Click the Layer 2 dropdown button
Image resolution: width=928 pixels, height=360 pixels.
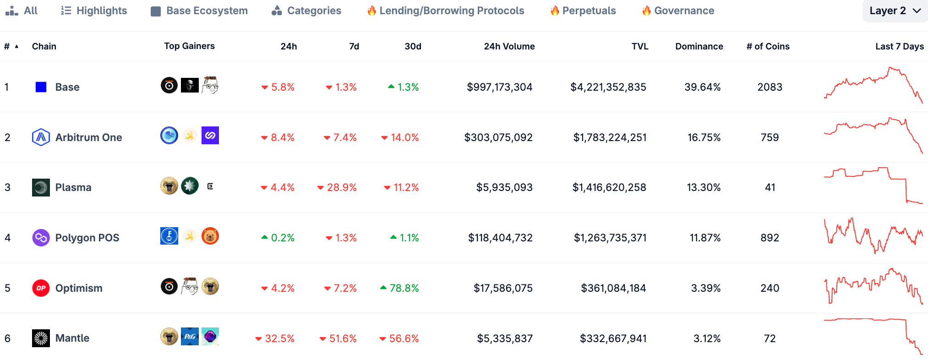[895, 11]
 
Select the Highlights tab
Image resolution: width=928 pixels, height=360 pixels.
[94, 11]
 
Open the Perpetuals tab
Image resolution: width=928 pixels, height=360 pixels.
[583, 11]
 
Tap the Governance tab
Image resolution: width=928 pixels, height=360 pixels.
[678, 11]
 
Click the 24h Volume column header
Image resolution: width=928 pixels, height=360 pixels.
[509, 46]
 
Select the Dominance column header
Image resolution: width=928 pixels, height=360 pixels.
[699, 46]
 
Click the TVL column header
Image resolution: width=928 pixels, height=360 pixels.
[639, 46]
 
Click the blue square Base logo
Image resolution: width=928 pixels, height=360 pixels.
[41, 87]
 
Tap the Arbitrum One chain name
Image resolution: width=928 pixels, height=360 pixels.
[88, 137]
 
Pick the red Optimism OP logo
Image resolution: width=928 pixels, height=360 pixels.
[41, 288]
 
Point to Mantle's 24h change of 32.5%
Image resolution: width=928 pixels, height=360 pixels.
[275, 338]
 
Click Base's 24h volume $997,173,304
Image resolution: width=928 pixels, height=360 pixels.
[499, 87]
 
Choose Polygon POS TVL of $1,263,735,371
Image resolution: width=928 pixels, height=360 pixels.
[610, 238]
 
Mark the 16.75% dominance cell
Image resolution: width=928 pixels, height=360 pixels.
[704, 137]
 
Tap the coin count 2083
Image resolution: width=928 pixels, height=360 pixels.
[770, 87]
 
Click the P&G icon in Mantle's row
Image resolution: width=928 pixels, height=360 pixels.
[190, 337]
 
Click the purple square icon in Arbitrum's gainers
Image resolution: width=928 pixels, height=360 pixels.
[210, 136]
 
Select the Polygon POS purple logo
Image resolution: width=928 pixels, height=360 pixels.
[41, 238]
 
